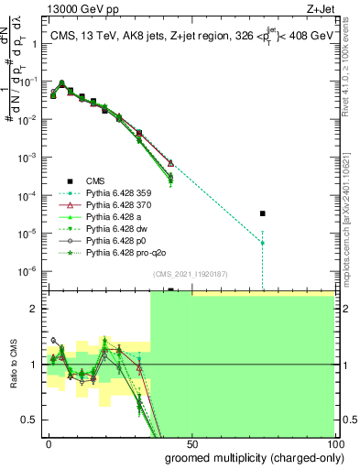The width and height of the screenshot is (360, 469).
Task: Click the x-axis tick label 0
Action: click(49, 442)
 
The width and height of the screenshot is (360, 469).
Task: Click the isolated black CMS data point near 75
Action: click(262, 213)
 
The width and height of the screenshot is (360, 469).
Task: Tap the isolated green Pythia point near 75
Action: click(262, 243)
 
